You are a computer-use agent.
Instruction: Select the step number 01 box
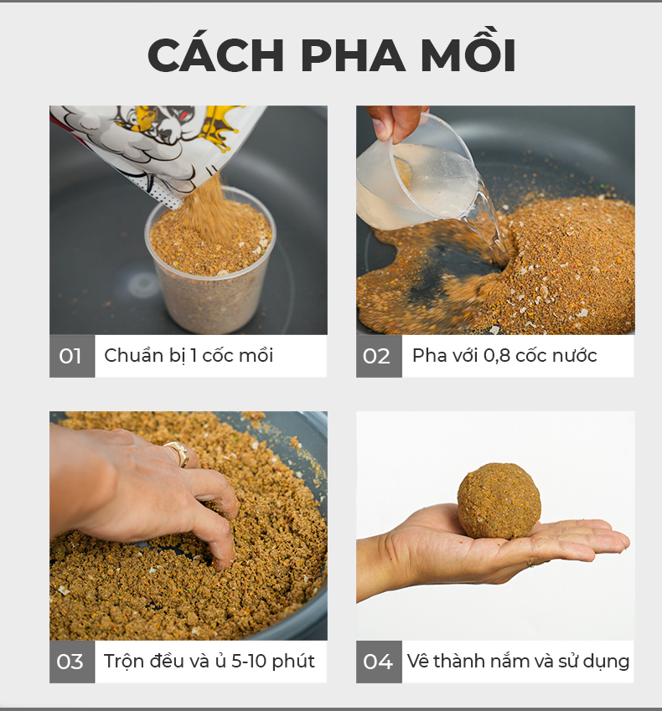tap(72, 357)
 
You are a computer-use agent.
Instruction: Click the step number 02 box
tap(379, 357)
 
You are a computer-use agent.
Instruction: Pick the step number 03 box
tap(72, 662)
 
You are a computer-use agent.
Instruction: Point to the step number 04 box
tap(379, 662)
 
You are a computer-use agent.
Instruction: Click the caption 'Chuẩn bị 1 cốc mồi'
tap(189, 356)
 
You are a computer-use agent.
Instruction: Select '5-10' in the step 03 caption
tap(249, 661)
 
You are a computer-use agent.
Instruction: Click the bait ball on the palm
tap(499, 501)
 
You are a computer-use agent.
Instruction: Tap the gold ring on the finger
tap(178, 453)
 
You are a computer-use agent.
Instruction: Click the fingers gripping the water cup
tap(395, 122)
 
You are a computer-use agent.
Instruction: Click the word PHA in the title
tap(353, 55)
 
